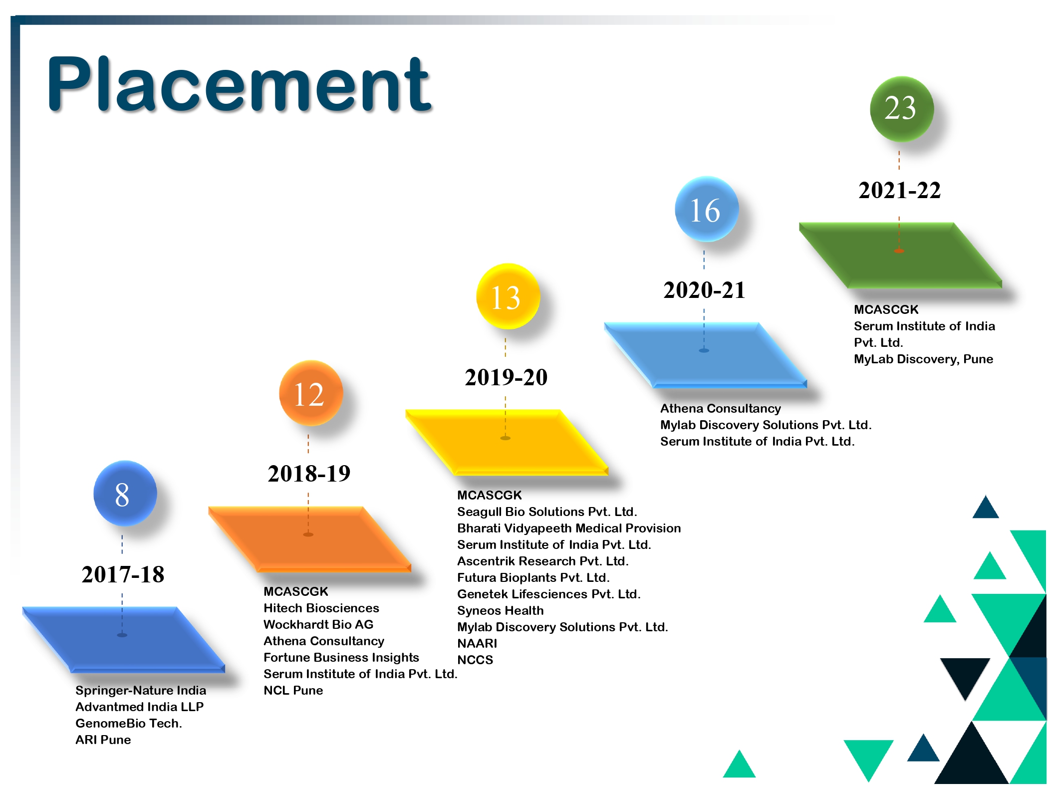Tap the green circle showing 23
point(901,108)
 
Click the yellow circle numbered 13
point(508,296)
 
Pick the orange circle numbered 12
point(310,393)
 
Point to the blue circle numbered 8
point(125,493)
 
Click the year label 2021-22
point(899,190)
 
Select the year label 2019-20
point(506,377)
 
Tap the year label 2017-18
point(123,574)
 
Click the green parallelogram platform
point(900,255)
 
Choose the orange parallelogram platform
point(309,539)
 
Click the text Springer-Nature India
point(141,690)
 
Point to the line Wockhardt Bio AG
point(318,624)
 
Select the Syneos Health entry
point(501,610)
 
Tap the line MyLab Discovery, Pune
point(923,359)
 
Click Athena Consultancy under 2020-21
point(721,409)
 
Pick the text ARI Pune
point(103,740)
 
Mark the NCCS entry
point(475,660)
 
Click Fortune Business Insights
point(341,657)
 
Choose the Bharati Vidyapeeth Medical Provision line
point(569,528)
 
